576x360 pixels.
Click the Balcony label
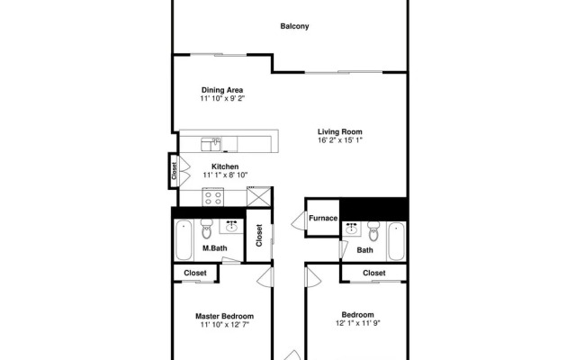294,27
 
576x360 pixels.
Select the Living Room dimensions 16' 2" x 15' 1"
339,140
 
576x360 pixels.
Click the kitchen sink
212,142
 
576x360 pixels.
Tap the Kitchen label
225,166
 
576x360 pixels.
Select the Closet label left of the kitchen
173,170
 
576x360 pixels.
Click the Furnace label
323,218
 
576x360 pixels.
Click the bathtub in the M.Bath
183,238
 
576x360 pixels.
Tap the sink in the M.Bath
231,225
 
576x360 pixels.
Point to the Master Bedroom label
224,316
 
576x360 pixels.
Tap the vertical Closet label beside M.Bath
259,236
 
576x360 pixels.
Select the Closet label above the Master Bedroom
195,273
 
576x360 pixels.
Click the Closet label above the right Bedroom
374,273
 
